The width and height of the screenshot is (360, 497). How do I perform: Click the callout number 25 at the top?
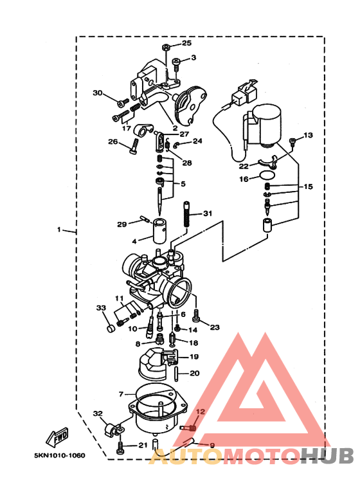point(186,43)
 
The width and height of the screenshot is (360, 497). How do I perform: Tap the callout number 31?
point(207,213)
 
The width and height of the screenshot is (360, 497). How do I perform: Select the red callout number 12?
point(200,411)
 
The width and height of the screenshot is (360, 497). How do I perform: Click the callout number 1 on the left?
point(59,230)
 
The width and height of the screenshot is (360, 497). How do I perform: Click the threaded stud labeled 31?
point(188,214)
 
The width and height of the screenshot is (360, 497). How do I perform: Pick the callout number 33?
point(101,308)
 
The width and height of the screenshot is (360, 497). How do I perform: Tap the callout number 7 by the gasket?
point(121,393)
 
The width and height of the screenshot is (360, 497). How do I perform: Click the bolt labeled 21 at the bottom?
point(120,446)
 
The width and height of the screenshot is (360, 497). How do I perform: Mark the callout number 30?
point(98,93)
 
